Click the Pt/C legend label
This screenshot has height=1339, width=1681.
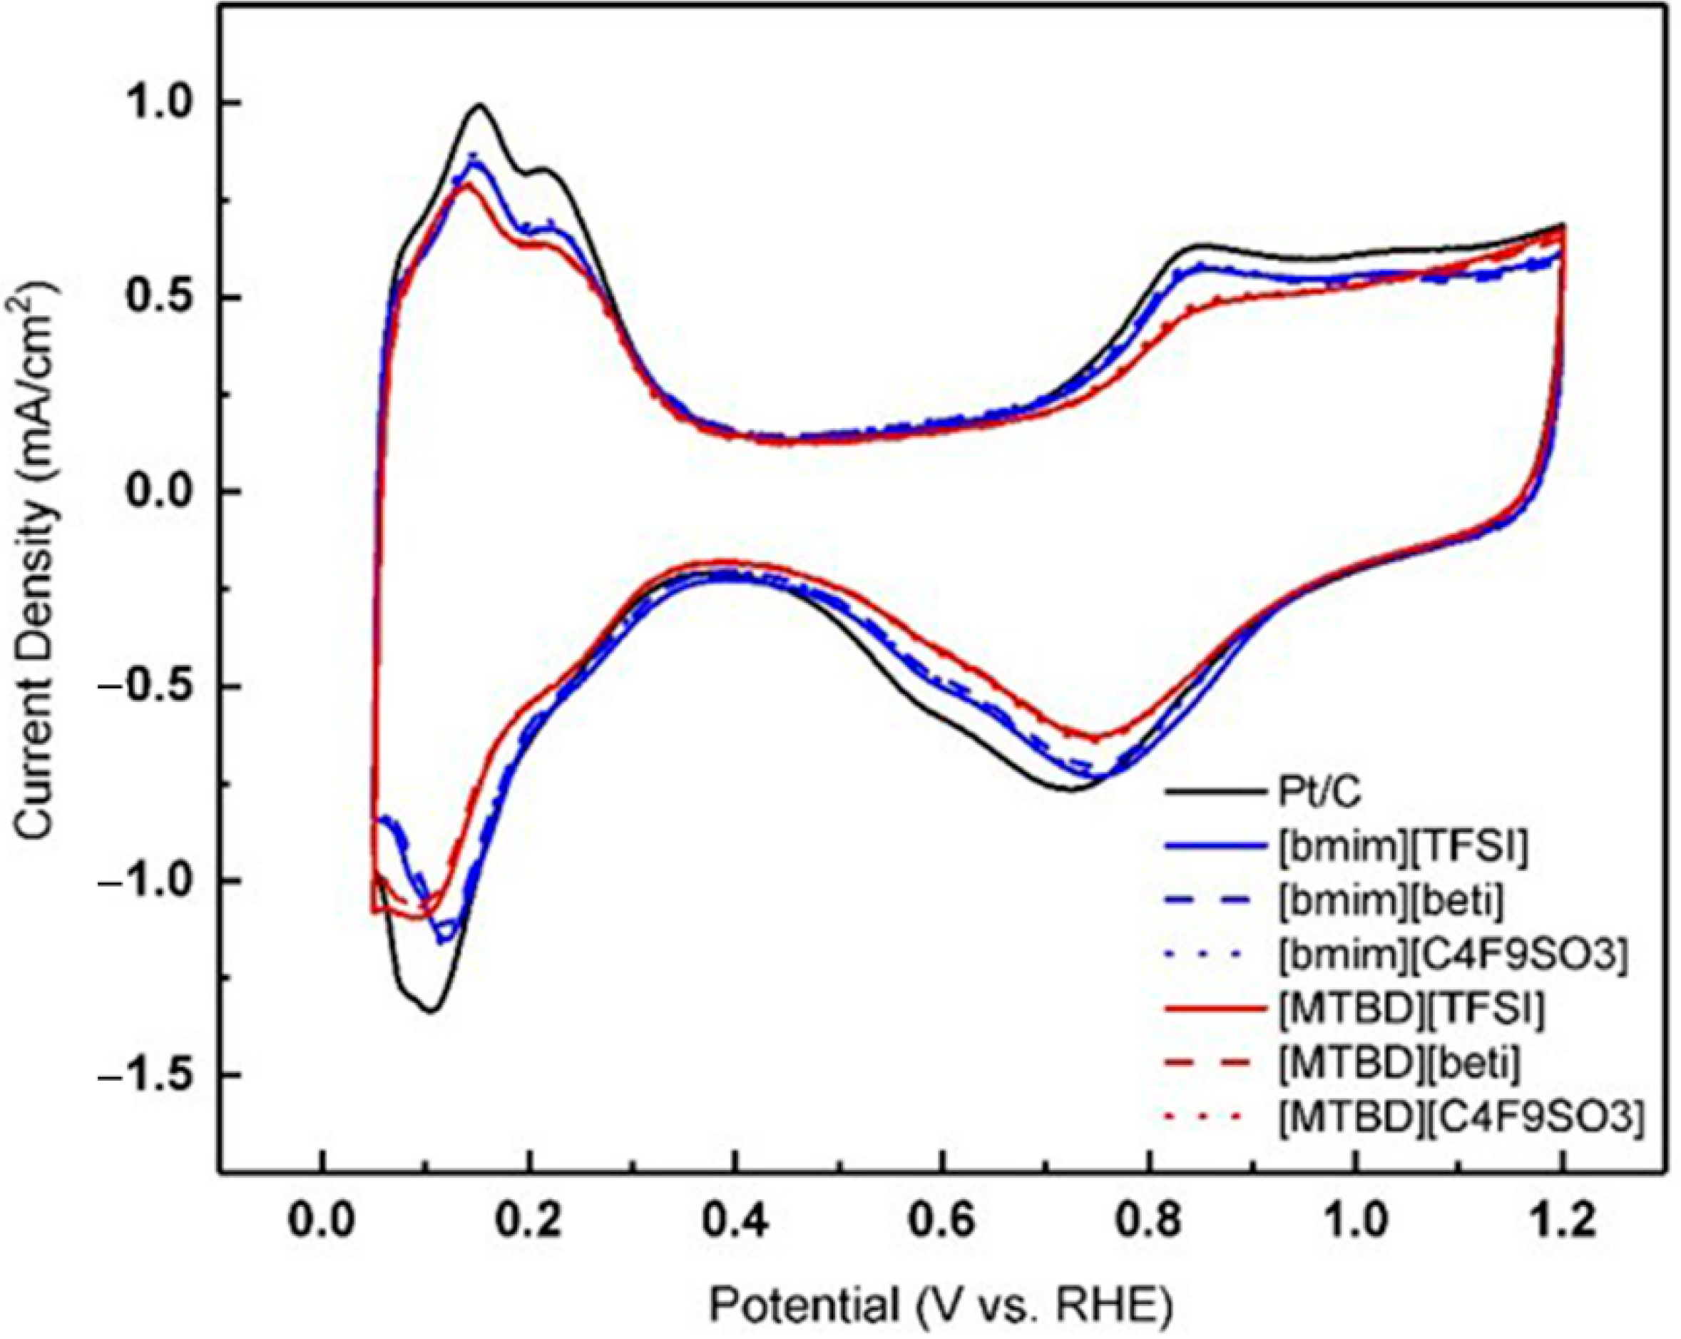click(1319, 794)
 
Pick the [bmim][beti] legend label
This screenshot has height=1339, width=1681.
click(1391, 902)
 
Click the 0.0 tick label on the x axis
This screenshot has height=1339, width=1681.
click(322, 1221)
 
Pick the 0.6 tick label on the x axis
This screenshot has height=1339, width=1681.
click(942, 1221)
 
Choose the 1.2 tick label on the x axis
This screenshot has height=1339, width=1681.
click(1562, 1221)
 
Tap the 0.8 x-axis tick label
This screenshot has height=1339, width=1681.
click(1148, 1221)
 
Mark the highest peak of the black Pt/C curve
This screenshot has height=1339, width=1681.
click(479, 104)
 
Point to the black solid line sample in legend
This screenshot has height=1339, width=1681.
click(1213, 794)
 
